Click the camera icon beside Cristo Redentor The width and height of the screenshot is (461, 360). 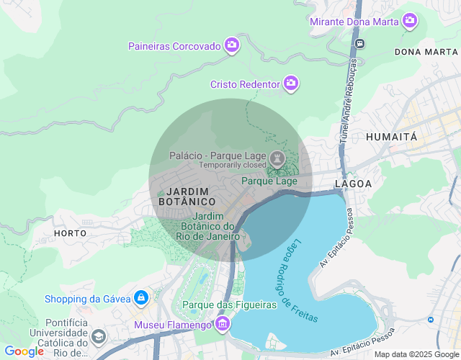coord(291,84)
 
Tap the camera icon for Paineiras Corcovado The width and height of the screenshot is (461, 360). coord(231,46)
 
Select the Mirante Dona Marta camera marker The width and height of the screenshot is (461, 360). coord(410,21)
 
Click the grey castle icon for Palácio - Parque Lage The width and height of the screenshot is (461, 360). coord(277,158)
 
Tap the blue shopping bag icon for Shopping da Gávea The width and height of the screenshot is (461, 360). coord(140,297)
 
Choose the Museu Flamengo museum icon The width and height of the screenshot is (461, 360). coord(223,325)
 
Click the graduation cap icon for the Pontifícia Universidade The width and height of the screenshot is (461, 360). coord(98,336)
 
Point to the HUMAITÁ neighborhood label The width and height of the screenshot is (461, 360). coord(391,137)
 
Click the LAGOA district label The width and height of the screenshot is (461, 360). coord(353,184)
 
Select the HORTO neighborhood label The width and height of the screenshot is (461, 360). coord(70,233)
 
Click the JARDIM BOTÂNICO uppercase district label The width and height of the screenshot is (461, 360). coord(187,197)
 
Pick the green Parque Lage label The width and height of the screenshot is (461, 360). coord(269,181)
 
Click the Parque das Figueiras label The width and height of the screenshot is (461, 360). coord(230,305)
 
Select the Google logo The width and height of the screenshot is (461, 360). coord(24,351)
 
